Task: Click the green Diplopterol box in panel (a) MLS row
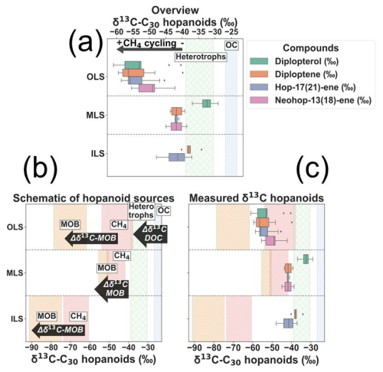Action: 206,104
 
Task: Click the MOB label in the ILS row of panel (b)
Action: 47,315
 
